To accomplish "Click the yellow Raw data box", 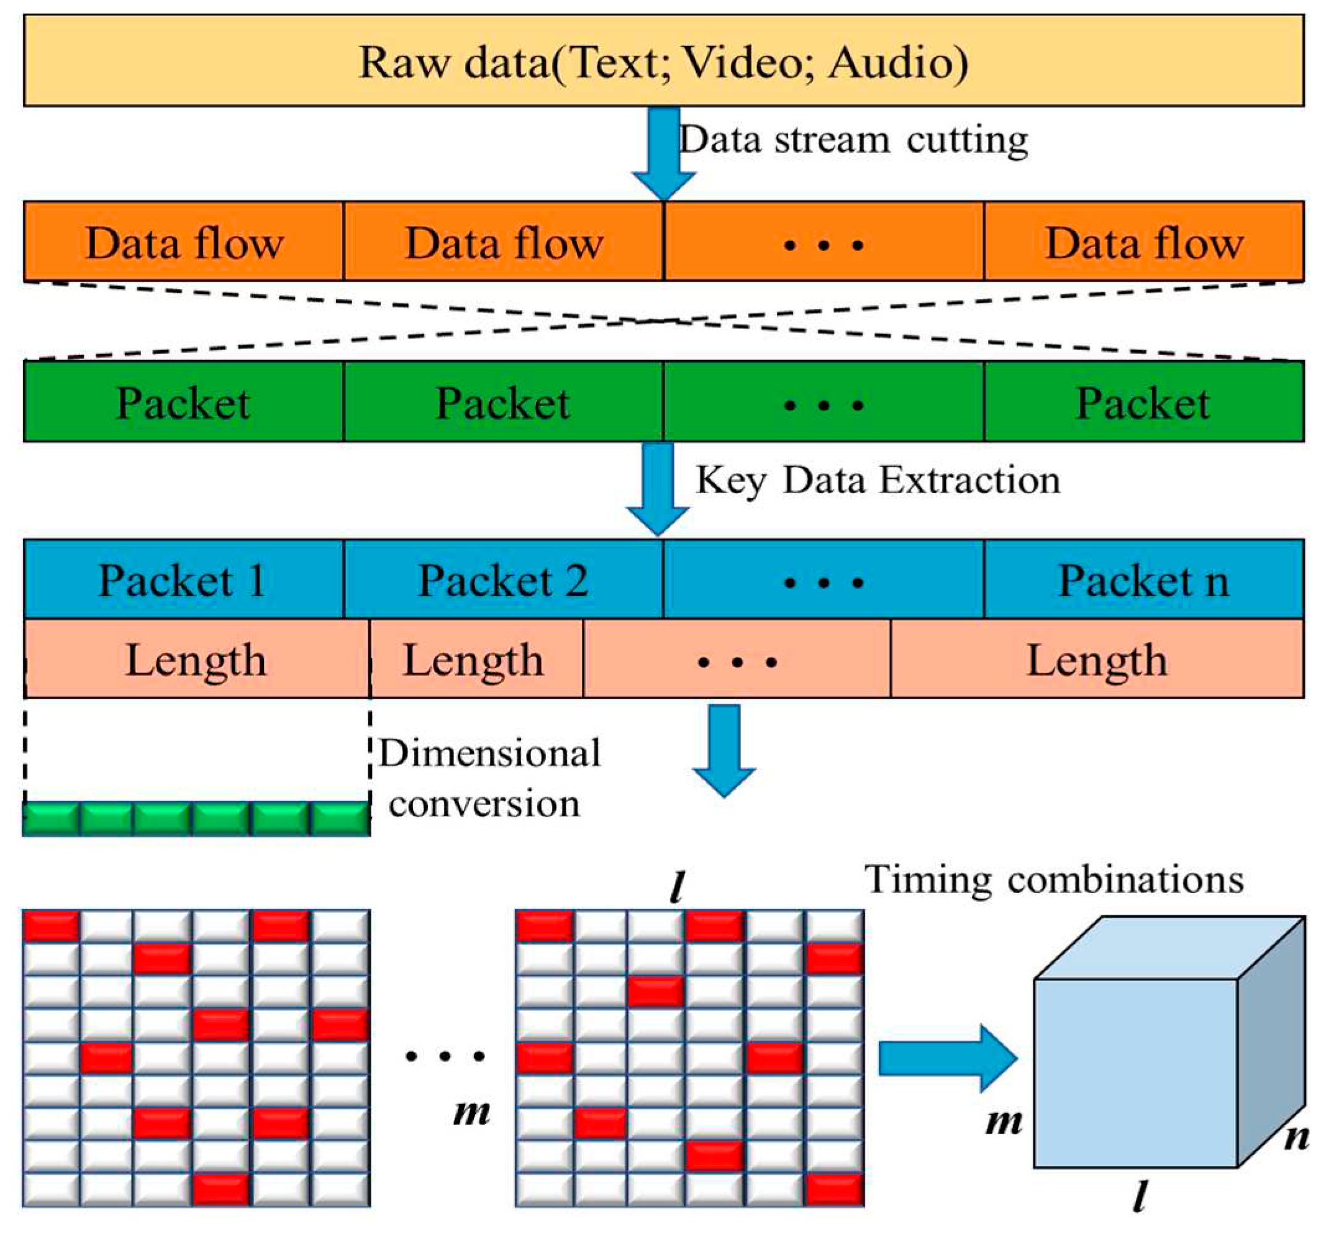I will pyautogui.click(x=664, y=61).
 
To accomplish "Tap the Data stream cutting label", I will pyautogui.click(x=853, y=140).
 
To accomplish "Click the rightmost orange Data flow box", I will pyautogui.click(x=1143, y=242).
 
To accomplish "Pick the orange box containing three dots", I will pyautogui.click(x=823, y=242).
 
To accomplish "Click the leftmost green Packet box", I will pyautogui.click(x=183, y=402).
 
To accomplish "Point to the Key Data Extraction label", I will pyautogui.click(x=877, y=481).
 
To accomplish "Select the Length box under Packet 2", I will pyautogui.click(x=475, y=659).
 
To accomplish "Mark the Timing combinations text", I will pyautogui.click(x=1054, y=879).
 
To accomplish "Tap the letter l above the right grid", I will pyautogui.click(x=677, y=887).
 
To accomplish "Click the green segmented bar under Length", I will pyautogui.click(x=196, y=818).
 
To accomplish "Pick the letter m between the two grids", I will pyautogui.click(x=471, y=1112).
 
